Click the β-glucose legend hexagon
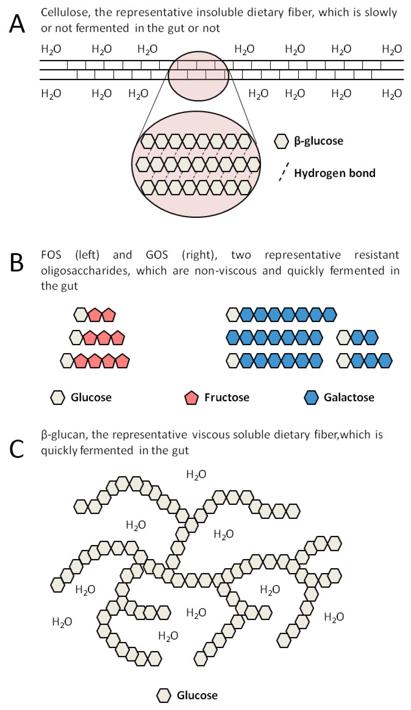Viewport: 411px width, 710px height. (x=281, y=141)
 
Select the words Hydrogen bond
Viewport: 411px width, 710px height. (x=335, y=173)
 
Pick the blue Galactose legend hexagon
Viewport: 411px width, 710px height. (x=311, y=397)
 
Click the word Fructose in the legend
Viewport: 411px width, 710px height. (x=227, y=397)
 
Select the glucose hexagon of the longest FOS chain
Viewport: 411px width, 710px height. (x=67, y=361)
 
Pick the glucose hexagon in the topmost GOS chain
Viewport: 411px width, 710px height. (x=233, y=315)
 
